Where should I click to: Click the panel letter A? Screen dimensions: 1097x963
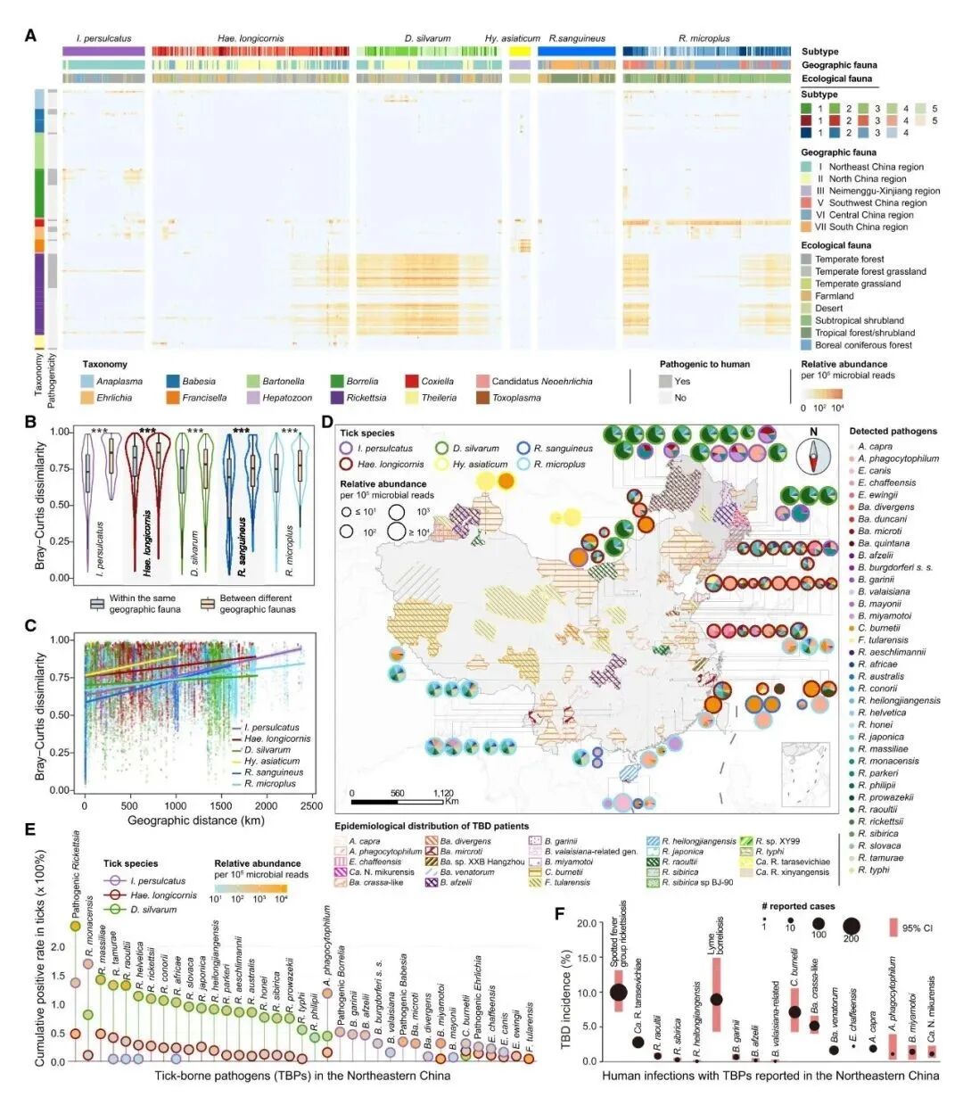[31, 37]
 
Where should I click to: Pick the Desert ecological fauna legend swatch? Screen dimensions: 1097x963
[807, 308]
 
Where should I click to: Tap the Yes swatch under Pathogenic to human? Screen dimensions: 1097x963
[666, 381]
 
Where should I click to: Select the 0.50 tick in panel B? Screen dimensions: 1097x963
[65, 505]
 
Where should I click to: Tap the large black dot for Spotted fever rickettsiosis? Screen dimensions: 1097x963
[619, 992]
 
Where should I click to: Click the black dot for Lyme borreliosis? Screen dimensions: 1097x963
[716, 999]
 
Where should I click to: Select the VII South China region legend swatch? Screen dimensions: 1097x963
[807, 227]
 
